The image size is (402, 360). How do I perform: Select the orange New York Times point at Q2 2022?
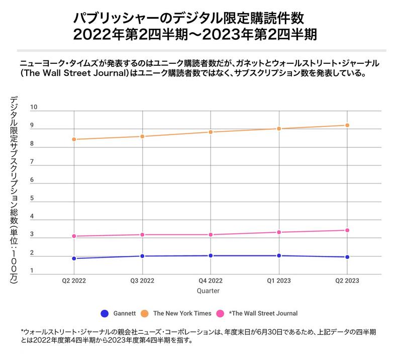click(x=74, y=139)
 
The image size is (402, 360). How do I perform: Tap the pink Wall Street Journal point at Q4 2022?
click(x=211, y=235)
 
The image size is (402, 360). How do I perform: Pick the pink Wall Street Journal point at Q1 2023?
click(x=279, y=232)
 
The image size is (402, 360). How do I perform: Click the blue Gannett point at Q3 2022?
click(x=142, y=256)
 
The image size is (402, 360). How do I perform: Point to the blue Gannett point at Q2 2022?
click(x=74, y=258)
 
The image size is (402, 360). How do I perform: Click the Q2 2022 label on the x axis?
click(x=74, y=281)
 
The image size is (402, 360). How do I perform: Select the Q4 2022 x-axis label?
click(x=211, y=281)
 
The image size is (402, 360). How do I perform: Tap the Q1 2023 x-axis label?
click(x=279, y=281)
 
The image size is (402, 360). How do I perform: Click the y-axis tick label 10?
click(x=34, y=108)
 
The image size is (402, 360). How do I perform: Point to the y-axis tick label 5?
click(x=32, y=199)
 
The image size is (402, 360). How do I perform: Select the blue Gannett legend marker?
click(x=105, y=313)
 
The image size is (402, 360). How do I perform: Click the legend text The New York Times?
click(x=182, y=313)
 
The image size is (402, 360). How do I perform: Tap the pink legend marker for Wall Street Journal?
click(x=220, y=313)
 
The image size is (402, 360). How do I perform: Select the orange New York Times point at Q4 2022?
click(x=211, y=132)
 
